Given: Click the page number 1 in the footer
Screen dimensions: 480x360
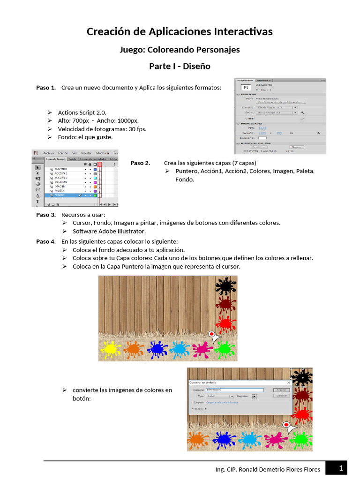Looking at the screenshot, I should (341, 468).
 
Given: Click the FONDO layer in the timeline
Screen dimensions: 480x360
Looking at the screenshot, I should (60, 195).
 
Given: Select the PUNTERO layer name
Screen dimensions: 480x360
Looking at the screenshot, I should (60, 169).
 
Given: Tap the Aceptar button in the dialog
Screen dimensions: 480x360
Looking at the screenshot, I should (281, 390).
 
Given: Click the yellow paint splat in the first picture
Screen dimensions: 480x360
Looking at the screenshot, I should (111, 348).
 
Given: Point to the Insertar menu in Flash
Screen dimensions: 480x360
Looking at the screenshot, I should (86, 153).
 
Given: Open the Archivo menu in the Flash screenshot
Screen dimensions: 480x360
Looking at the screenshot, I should (48, 153).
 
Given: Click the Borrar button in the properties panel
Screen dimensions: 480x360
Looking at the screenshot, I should (295, 147).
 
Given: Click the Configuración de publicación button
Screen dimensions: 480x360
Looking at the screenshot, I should (281, 102).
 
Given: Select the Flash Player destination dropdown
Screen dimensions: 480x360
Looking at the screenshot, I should (277, 107).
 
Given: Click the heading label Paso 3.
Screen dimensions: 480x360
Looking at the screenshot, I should (46, 215).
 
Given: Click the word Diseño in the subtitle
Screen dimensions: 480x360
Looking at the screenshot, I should (196, 66).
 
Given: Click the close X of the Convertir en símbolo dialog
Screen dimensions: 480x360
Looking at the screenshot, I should (289, 383).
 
